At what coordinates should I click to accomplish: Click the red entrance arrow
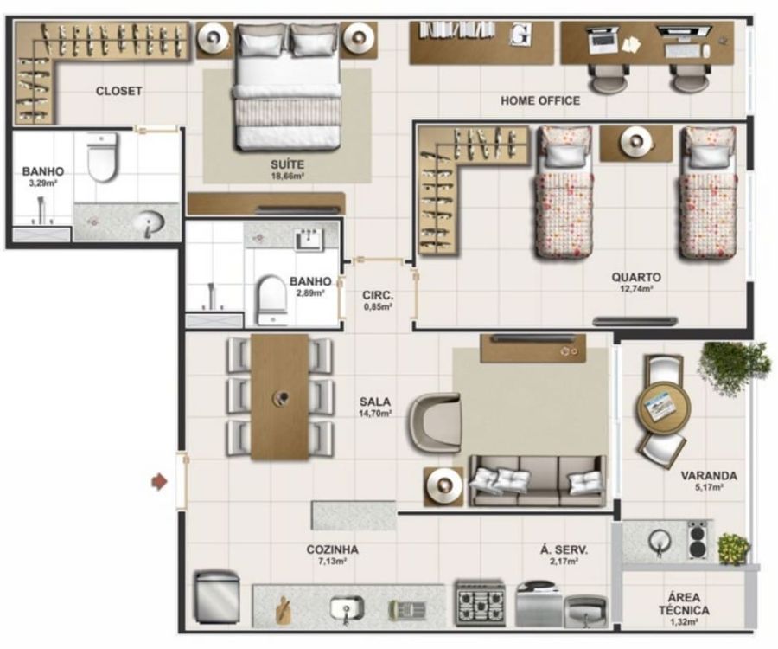click(x=159, y=482)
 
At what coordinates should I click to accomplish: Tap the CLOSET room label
click(x=119, y=92)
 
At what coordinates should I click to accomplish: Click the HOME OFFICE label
click(x=540, y=100)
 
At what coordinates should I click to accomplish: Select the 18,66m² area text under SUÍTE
click(x=287, y=177)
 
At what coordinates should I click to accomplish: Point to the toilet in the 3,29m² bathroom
click(x=102, y=157)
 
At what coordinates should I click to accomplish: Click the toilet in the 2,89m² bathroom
click(x=271, y=300)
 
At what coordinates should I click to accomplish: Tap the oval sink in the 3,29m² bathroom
click(x=149, y=223)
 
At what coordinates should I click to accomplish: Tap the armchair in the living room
click(x=435, y=421)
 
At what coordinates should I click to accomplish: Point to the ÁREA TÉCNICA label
click(x=685, y=604)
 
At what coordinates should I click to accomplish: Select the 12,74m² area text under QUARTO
click(x=636, y=288)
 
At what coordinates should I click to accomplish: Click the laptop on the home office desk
click(x=603, y=40)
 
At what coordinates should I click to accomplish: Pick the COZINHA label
click(x=333, y=549)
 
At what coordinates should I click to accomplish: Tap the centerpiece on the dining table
click(x=283, y=398)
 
